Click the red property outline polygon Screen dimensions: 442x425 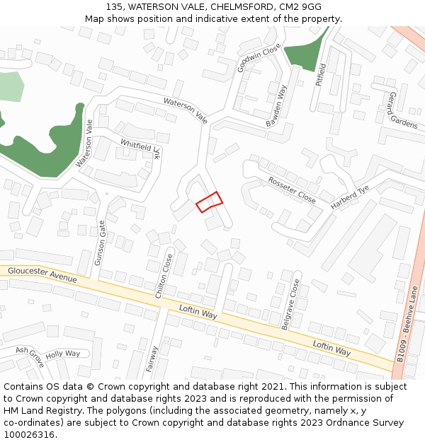point(209,202)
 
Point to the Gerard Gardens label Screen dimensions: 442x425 point(403,110)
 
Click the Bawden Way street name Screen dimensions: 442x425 point(276,107)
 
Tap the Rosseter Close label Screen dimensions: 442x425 point(292,190)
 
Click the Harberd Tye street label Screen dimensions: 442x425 point(350,198)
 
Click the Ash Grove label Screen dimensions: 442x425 point(30,356)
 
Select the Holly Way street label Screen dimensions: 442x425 point(63,354)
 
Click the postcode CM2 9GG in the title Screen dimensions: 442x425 point(302,7)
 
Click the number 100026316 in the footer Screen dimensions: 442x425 point(29,434)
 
